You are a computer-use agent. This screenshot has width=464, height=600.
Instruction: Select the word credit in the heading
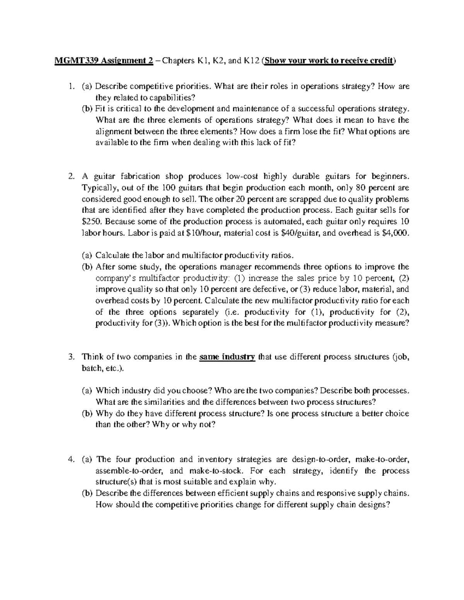click(x=380, y=61)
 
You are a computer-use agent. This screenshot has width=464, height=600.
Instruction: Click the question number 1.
click(x=70, y=87)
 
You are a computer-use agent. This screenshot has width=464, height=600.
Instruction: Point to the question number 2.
click(x=70, y=177)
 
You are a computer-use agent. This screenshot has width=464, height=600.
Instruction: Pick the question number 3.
click(x=70, y=357)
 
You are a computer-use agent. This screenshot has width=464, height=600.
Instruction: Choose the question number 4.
click(x=70, y=459)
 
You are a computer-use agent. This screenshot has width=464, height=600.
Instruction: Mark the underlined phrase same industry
click(x=227, y=357)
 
